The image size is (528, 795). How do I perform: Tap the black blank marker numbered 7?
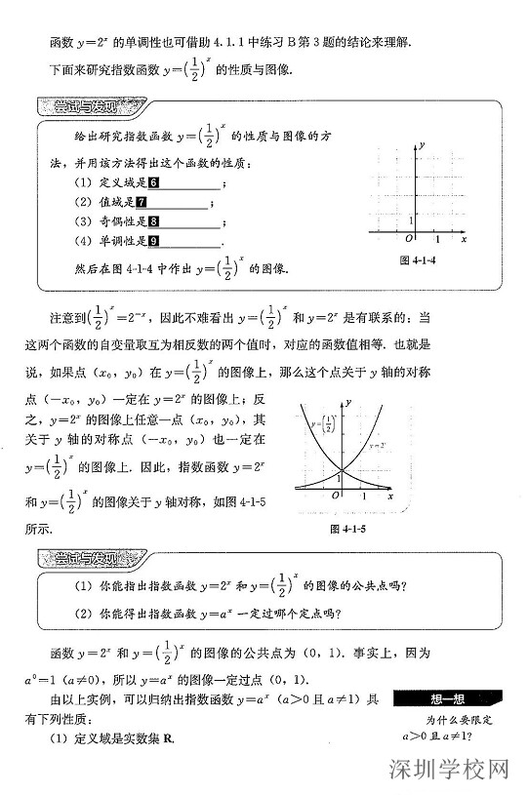click(x=142, y=202)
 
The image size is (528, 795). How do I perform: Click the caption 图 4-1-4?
click(x=417, y=260)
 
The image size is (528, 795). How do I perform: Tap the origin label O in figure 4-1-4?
click(x=409, y=239)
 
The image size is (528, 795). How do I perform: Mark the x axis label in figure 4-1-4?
click(x=465, y=239)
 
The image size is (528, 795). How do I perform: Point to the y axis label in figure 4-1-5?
click(x=347, y=403)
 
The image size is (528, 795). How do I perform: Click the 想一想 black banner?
click(x=448, y=697)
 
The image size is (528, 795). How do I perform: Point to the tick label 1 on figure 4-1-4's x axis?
click(x=437, y=239)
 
